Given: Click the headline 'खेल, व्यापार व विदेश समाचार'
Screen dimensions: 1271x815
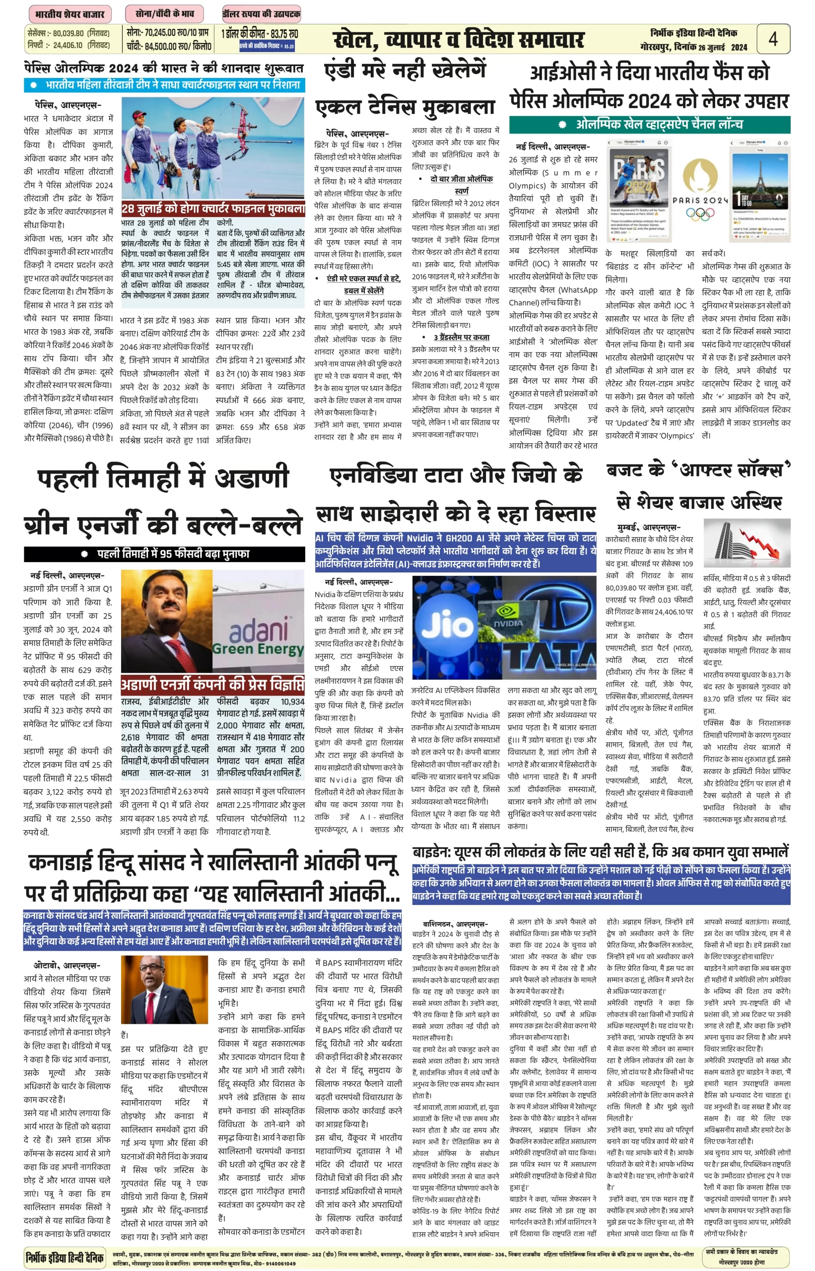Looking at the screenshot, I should click(x=458, y=40).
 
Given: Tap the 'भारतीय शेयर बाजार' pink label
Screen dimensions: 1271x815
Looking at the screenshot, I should click(x=69, y=14).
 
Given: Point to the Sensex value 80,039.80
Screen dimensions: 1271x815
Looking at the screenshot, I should click(x=68, y=33).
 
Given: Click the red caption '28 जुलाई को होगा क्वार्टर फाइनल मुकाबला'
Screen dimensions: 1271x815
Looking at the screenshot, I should click(x=213, y=209).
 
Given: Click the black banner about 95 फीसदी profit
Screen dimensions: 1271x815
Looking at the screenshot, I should click(x=164, y=554).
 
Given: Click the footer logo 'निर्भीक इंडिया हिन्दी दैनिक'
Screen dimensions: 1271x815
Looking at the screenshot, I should click(x=65, y=1256).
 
